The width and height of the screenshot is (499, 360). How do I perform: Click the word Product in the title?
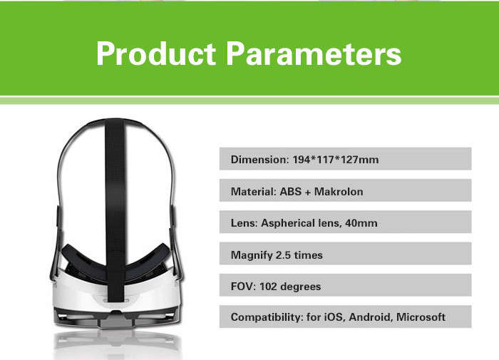pos(156,53)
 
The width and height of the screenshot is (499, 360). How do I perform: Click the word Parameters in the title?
pos(314,53)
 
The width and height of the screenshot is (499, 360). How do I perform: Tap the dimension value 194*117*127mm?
pos(336,159)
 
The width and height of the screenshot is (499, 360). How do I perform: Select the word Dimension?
pos(259,159)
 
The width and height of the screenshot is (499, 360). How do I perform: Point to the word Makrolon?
pos(339,191)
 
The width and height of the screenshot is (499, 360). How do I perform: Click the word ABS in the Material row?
pos(291,191)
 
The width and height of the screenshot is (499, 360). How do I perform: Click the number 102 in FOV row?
pos(268,287)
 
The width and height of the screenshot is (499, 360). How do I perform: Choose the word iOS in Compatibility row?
pos(334,317)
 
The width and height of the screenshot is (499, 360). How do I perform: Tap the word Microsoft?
pos(421,317)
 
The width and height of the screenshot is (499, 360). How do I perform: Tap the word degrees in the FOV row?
pos(300,287)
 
